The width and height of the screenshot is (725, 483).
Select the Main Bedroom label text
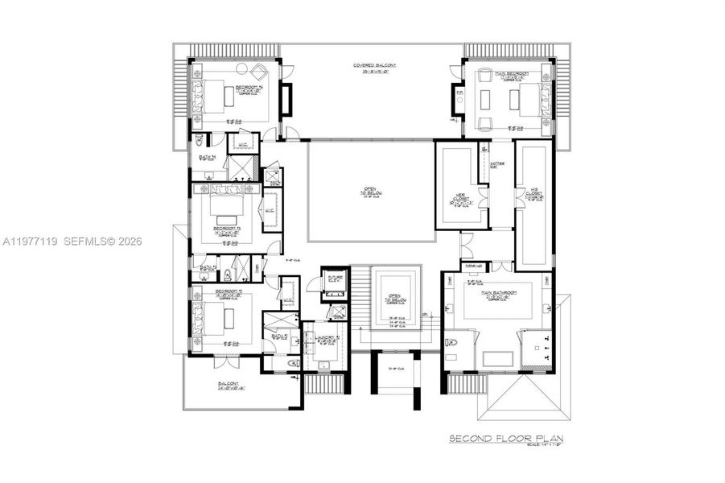[x=512, y=73]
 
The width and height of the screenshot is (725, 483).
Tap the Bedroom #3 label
[x=226, y=228]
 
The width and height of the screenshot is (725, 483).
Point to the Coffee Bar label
[x=496, y=165]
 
